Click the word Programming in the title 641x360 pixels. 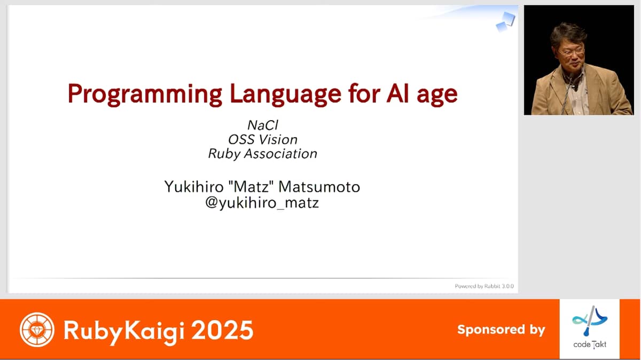145,95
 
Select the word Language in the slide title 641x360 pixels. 286,95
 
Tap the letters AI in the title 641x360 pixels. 397,93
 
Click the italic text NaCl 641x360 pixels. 263,125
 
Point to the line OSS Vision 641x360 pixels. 263,139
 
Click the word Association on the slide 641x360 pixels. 280,154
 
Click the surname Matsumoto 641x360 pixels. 319,186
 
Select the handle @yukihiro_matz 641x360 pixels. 262,202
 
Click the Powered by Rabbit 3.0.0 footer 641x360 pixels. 484,286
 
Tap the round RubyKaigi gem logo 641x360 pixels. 37,330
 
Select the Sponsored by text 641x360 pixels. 501,330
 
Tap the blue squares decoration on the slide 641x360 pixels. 505,22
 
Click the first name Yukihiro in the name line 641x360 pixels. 194,186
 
